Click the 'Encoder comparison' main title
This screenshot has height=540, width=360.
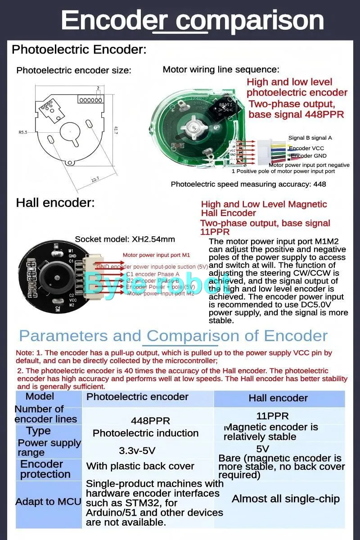[x=192, y=20]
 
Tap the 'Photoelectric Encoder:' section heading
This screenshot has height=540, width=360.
[x=79, y=49]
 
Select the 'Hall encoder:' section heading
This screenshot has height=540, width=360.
[x=55, y=202]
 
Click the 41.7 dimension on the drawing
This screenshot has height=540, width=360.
[x=116, y=131]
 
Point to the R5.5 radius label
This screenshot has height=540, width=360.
[x=23, y=132]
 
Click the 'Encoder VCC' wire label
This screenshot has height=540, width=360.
[x=306, y=148]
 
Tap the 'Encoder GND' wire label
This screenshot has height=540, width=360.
[x=308, y=156]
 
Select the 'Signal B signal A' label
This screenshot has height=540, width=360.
[x=310, y=138]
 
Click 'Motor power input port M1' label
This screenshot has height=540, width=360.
[x=156, y=255]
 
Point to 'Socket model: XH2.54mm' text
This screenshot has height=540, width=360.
[x=125, y=239]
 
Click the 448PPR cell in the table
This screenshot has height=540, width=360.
[x=150, y=421]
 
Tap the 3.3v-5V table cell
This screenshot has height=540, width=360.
[x=137, y=450]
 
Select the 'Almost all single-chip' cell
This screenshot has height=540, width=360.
[x=285, y=499]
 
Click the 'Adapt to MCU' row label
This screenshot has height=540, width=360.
[x=48, y=502]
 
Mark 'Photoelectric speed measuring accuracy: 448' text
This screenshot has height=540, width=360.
[x=248, y=184]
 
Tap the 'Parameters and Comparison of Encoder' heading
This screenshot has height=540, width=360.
[x=173, y=336]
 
